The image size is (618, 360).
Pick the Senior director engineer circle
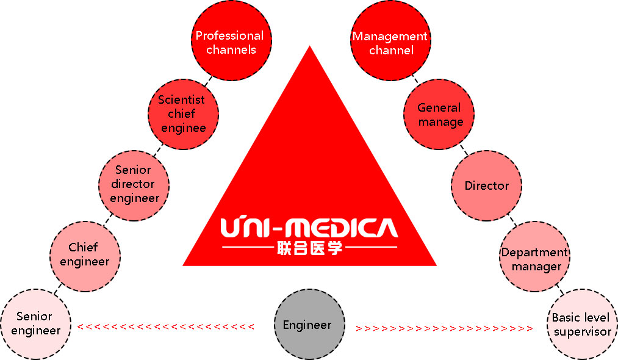pos(134,184)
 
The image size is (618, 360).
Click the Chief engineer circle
pos(85,254)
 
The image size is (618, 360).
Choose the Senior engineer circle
pos(35,323)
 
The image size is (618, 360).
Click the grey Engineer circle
pos(307,325)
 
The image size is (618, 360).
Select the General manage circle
pos(439,114)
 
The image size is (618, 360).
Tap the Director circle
pos(486,185)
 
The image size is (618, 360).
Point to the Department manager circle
pos(534,259)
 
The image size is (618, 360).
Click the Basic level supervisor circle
pos(581,324)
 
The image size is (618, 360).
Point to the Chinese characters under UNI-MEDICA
pos(309,248)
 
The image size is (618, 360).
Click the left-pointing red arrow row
pos(165,327)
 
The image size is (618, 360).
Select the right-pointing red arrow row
pos(445,328)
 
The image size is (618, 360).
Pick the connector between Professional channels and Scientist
pos(205,79)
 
